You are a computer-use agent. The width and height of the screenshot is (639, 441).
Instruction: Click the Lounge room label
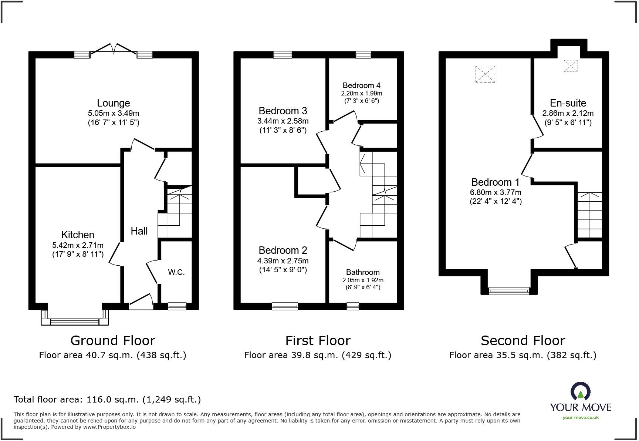coord(113,103)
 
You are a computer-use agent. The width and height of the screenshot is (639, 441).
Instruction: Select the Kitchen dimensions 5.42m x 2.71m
coord(78,245)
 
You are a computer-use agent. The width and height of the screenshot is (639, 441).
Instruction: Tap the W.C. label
coord(176,272)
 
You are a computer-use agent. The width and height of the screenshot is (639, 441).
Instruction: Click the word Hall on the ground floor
coord(139,231)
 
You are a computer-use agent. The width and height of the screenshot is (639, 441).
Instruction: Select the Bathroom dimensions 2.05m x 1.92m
coord(362,280)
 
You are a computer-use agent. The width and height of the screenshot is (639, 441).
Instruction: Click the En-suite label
coord(568,103)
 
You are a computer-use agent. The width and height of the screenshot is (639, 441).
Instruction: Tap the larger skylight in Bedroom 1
coord(485,74)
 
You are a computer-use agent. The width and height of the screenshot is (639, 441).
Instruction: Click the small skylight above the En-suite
coord(570,66)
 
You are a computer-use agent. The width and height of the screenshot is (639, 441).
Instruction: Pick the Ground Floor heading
coord(113,340)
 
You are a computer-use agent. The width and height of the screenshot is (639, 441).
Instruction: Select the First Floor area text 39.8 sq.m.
coord(317,355)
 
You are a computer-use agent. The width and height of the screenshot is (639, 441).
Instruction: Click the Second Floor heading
coord(523,340)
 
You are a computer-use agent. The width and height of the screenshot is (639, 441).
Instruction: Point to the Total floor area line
coord(107,400)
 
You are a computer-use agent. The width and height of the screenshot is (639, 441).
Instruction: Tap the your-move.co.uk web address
coord(580,418)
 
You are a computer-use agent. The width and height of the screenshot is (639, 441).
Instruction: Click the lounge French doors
coord(114,50)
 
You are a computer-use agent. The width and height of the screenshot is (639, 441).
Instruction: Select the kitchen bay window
coord(75,321)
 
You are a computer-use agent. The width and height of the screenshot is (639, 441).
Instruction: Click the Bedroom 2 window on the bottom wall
coord(284,306)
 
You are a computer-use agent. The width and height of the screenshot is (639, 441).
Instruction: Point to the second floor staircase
coord(589,215)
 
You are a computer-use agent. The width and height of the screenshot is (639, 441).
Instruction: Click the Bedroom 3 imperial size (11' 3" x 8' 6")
coord(283,130)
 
